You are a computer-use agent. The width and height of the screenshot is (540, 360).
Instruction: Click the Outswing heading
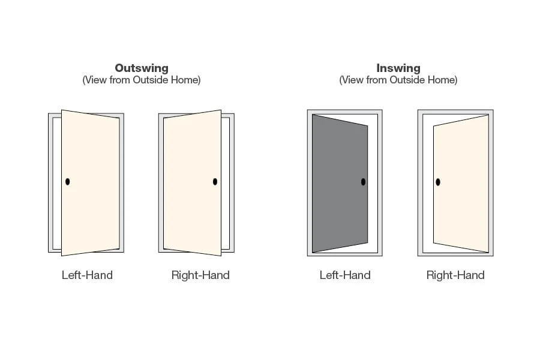142,68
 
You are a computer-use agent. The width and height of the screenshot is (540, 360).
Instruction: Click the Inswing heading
398,68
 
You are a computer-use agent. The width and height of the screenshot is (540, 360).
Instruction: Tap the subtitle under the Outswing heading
142,80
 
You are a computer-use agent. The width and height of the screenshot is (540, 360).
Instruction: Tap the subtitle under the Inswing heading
398,80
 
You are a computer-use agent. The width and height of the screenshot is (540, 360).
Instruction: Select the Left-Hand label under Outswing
87,275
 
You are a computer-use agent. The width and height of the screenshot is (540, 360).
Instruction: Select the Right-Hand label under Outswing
200,275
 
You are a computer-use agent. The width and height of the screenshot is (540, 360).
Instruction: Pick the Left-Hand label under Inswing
345,275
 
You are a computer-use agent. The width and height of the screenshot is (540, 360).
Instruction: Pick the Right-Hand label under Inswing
455,275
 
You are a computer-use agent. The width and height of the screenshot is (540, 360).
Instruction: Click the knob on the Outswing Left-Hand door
68,181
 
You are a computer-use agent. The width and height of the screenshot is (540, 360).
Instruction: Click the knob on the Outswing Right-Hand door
215,181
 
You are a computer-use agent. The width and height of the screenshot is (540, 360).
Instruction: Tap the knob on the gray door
363,182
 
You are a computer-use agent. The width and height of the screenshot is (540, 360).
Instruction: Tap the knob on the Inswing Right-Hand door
438,182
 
